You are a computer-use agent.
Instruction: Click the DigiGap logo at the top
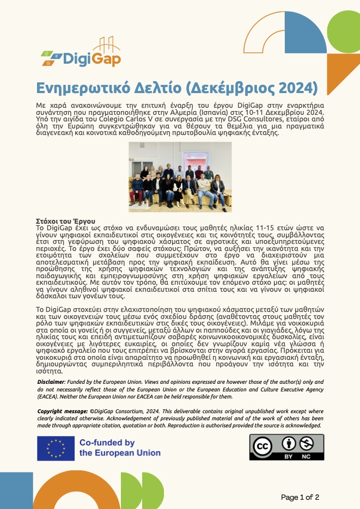81,53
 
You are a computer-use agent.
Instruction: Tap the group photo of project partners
180,177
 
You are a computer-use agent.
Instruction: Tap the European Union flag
56,447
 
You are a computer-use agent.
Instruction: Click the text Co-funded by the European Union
120,447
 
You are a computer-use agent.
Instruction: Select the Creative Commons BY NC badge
286,446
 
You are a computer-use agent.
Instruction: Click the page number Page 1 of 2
300,497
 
